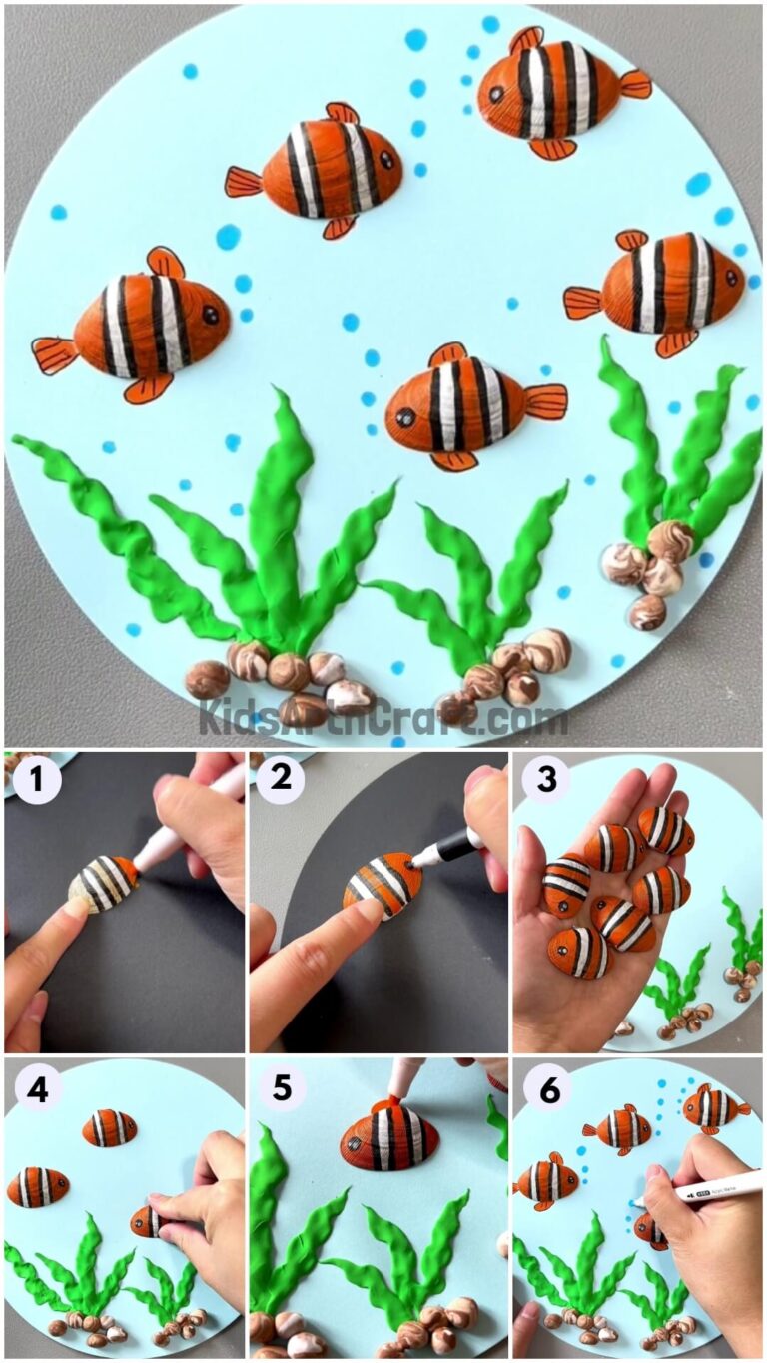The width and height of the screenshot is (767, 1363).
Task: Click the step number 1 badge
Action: [37, 782]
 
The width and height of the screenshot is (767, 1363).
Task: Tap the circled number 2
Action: [281, 782]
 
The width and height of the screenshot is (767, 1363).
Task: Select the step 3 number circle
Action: [546, 782]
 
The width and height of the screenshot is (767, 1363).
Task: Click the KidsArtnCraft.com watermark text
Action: [383, 717]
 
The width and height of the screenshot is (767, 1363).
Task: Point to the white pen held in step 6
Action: [709, 1188]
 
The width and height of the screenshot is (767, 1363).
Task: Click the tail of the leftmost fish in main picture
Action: [54, 355]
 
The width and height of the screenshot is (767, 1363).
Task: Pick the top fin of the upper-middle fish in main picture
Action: [342, 112]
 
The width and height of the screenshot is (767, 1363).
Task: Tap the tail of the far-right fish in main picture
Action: [582, 301]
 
